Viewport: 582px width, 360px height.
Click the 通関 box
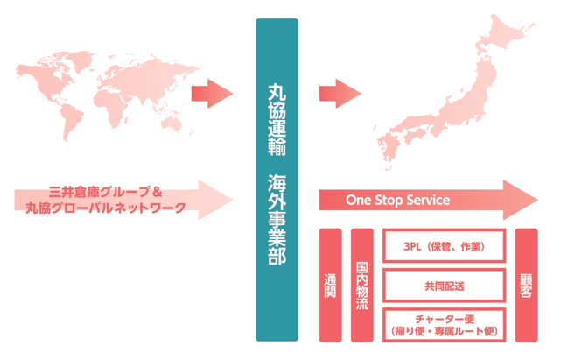point(330,285)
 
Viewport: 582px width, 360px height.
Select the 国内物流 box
point(362,285)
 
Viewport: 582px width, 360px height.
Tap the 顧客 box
point(527,285)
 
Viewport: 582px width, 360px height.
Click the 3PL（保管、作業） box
point(445,246)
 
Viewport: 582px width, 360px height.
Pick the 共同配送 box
point(445,286)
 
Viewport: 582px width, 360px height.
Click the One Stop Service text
point(397,201)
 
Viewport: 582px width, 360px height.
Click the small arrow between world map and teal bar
point(211,90)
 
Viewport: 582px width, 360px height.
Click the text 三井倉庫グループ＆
point(108,193)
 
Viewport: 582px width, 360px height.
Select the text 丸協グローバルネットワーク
point(108,208)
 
